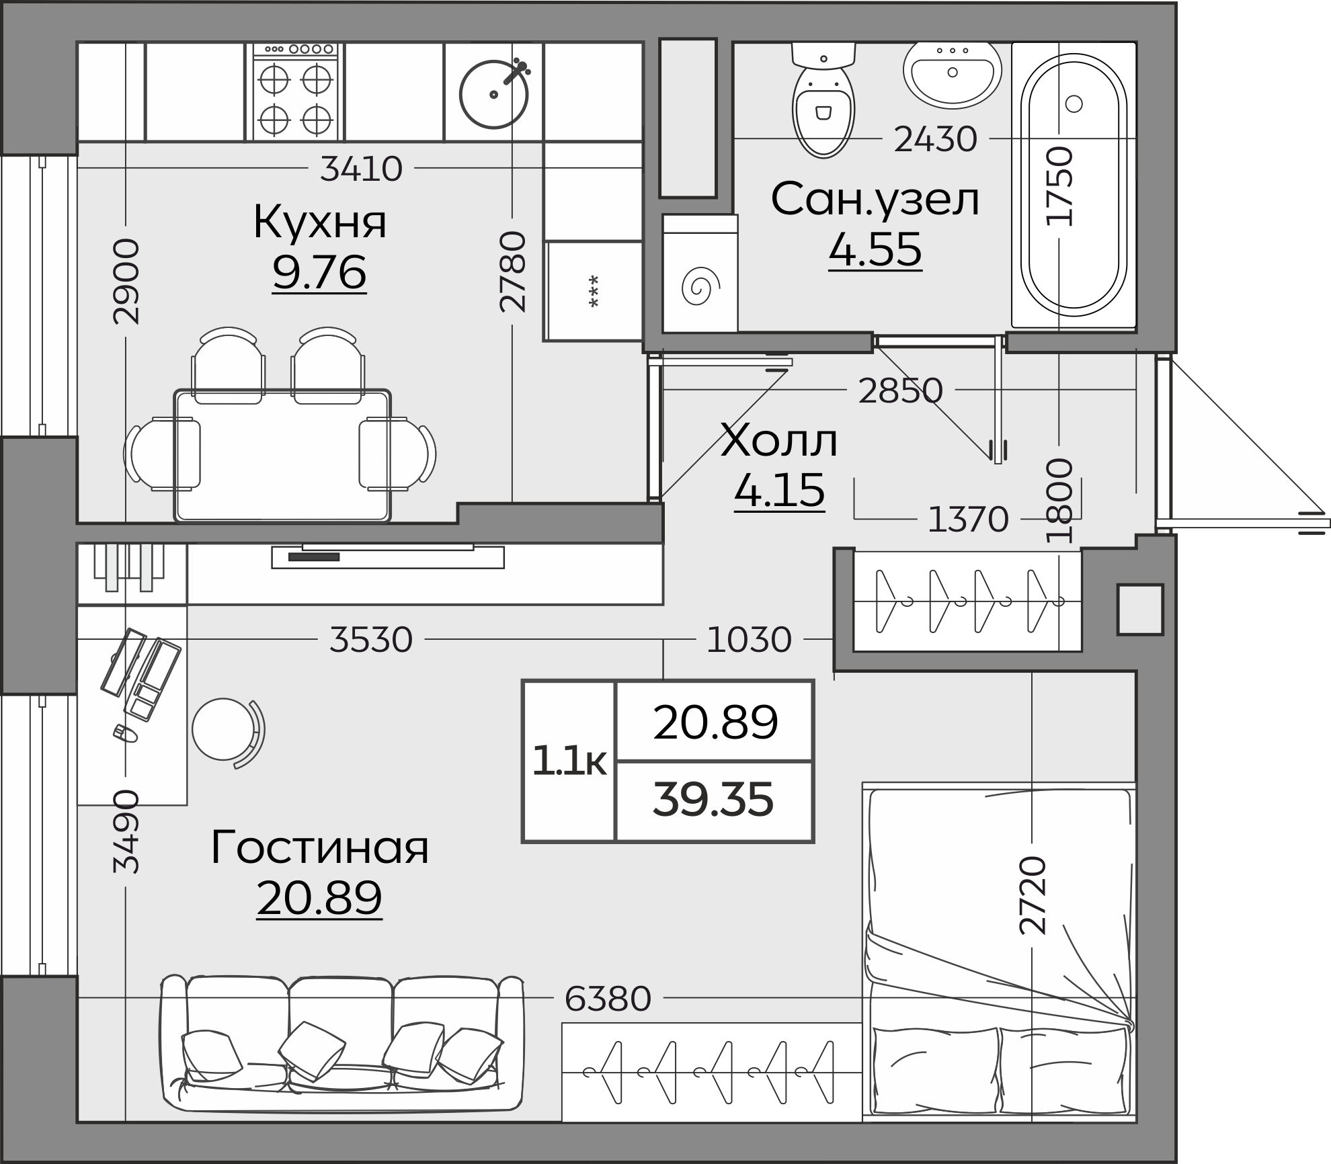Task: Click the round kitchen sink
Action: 493,94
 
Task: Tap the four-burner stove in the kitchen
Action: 294,92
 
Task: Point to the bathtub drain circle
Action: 1074,104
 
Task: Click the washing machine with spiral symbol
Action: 700,282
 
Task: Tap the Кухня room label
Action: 320,222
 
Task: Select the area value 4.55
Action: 875,250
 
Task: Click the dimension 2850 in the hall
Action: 900,390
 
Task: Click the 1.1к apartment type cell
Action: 569,761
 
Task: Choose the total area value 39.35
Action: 713,800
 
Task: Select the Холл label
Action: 778,442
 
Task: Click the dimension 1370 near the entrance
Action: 967,519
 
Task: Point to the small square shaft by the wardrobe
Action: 1140,609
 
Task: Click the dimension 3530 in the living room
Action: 370,640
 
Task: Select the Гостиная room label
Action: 320,847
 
